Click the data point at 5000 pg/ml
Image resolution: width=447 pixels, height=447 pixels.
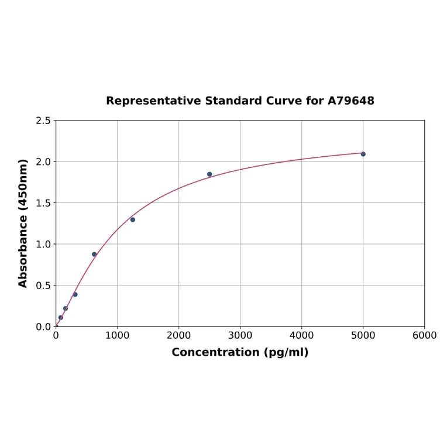pos(363,154)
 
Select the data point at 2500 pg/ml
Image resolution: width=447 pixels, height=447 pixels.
pos(209,174)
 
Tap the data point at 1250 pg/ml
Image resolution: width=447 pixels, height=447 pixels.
pos(133,220)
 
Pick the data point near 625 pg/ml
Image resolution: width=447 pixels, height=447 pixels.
pos(94,255)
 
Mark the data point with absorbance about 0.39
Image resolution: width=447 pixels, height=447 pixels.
pos(75,294)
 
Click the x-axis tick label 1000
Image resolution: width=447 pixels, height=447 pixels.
pos(117,335)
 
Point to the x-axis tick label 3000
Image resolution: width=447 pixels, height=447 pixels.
pos(240,335)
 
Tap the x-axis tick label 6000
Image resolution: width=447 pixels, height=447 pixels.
pos(424,335)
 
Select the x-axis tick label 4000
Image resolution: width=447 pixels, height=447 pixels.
pos(301,335)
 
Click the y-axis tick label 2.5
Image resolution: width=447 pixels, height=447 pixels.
pos(43,121)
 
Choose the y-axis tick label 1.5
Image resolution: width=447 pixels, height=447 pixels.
pos(43,203)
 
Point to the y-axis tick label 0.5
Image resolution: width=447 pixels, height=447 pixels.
pos(43,286)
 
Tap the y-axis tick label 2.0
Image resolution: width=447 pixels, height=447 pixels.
pos(43,161)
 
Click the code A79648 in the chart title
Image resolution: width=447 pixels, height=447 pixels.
pos(351,101)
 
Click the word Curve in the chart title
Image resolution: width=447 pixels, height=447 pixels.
pos(284,101)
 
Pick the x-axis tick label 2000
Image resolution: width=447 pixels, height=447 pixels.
pos(178,335)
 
